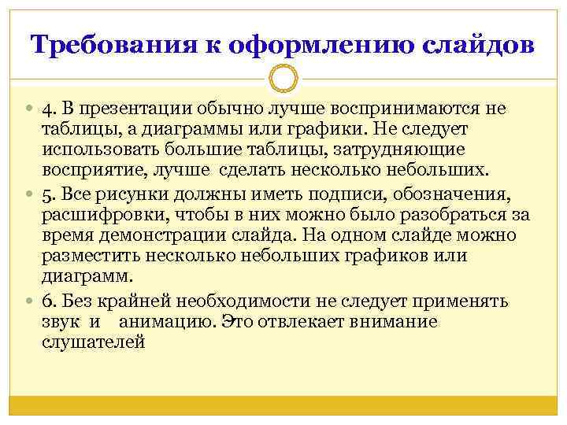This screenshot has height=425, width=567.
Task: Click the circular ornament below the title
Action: click(x=283, y=79)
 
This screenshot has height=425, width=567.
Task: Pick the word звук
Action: click(x=61, y=323)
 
